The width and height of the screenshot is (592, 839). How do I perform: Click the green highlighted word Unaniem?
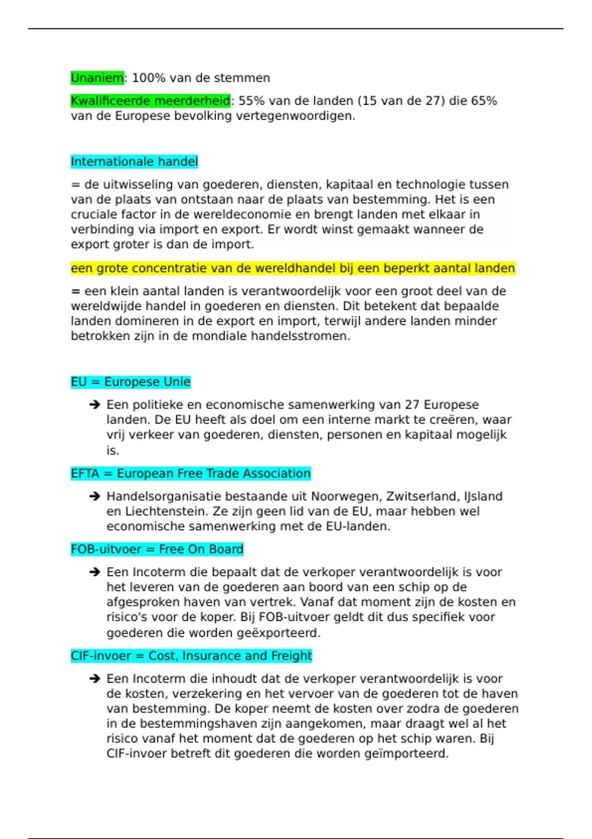97,78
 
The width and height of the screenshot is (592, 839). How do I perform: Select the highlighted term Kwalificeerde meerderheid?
150,101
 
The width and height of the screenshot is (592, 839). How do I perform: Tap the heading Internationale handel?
134,161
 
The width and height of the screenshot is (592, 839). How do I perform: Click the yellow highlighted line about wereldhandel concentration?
293,268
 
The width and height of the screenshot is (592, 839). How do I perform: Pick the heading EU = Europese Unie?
131,381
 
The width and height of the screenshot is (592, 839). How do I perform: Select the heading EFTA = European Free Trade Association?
190,473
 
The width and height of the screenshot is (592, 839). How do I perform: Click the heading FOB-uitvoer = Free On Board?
157,549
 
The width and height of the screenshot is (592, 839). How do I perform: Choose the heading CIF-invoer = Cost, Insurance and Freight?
191,655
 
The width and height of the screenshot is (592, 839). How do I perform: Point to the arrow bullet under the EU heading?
95,405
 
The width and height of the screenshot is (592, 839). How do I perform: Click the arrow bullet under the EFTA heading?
95,496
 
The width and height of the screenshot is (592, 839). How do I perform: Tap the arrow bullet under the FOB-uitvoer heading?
95,572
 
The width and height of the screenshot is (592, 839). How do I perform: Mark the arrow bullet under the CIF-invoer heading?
95,679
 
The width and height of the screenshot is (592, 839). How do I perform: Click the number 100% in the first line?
148,78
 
